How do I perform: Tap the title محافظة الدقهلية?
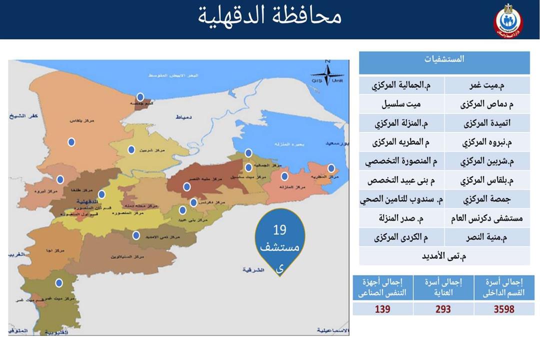coord(270,16)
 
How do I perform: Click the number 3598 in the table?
coord(504,309)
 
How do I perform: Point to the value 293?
coord(443,309)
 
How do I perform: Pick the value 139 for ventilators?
coord(382,309)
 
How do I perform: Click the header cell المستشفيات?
coord(444,59)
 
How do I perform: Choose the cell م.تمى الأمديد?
coord(444,256)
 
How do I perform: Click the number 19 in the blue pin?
coord(279,230)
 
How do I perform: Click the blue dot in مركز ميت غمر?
coord(59,283)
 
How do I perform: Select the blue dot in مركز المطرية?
coord(331,168)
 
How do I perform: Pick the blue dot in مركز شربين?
coord(131,149)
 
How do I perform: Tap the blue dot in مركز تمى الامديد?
coord(136,235)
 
